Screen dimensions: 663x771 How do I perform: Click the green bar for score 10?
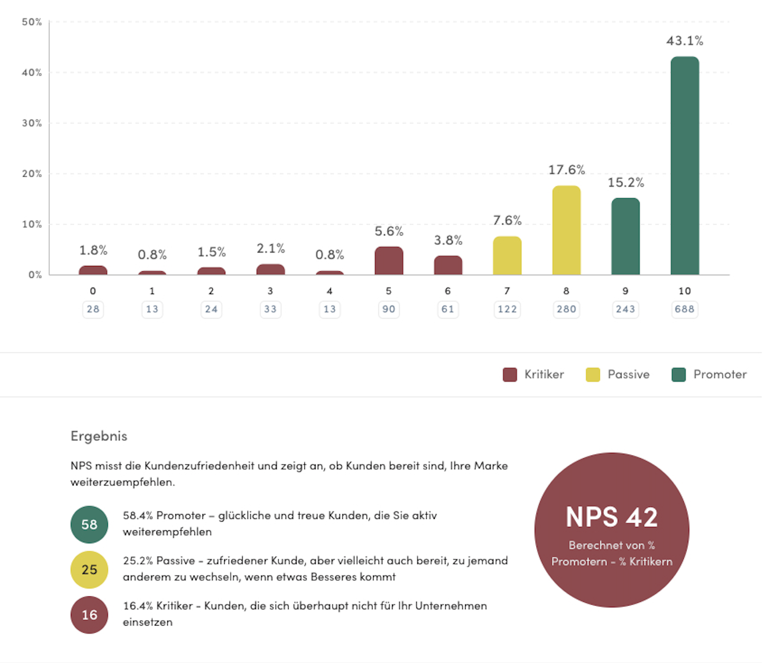pyautogui.click(x=684, y=165)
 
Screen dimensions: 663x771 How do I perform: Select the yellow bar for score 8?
pyautogui.click(x=566, y=230)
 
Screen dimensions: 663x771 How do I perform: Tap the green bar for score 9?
pyautogui.click(x=625, y=236)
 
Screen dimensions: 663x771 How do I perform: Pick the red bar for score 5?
pyautogui.click(x=389, y=261)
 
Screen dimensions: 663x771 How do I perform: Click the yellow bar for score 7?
pyautogui.click(x=507, y=255)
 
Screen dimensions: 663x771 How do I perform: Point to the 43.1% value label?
pyautogui.click(x=684, y=41)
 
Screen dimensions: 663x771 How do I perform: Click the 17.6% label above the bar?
pyautogui.click(x=566, y=170)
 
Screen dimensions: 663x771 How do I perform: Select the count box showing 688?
pyautogui.click(x=684, y=309)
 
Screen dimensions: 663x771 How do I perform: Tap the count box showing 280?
pyautogui.click(x=566, y=309)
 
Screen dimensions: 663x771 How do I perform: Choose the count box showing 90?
pyautogui.click(x=389, y=309)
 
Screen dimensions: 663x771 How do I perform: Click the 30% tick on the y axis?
pyautogui.click(x=31, y=123)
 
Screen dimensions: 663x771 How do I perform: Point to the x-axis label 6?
pyautogui.click(x=448, y=291)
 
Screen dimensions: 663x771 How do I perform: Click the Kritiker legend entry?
pyautogui.click(x=534, y=374)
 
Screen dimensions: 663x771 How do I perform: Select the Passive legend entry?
pyautogui.click(x=618, y=374)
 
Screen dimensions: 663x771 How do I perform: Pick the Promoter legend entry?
pyautogui.click(x=709, y=374)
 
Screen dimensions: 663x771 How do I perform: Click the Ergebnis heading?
pyautogui.click(x=99, y=436)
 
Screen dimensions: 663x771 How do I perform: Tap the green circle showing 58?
pyautogui.click(x=89, y=524)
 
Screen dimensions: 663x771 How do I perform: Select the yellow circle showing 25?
pyautogui.click(x=89, y=570)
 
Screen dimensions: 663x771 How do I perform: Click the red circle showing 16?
pyautogui.click(x=89, y=615)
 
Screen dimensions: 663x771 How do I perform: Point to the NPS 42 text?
pyautogui.click(x=612, y=517)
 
